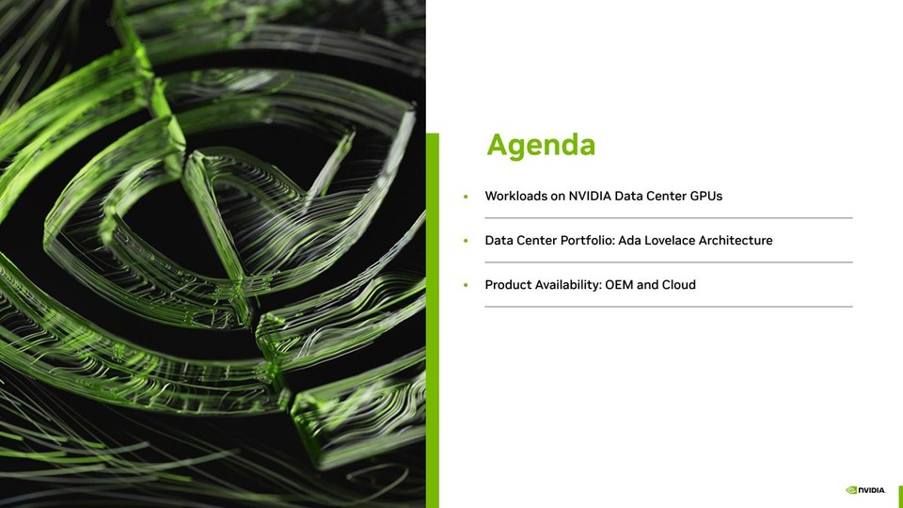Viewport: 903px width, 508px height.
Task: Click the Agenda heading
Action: click(541, 145)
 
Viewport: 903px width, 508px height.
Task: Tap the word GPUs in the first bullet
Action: click(705, 197)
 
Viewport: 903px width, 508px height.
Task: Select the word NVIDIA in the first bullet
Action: click(590, 197)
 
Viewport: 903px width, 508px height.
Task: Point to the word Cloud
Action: click(678, 285)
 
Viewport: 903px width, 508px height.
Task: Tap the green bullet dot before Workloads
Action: click(466, 198)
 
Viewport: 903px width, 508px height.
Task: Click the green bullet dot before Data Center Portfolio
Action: click(466, 242)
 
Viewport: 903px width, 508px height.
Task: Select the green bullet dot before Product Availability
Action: click(466, 286)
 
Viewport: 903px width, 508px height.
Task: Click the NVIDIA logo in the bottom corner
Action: click(865, 490)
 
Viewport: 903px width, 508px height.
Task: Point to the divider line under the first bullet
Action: click(668, 218)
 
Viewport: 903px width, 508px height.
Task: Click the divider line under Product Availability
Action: click(668, 307)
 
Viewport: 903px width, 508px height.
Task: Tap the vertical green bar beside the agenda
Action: click(433, 320)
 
